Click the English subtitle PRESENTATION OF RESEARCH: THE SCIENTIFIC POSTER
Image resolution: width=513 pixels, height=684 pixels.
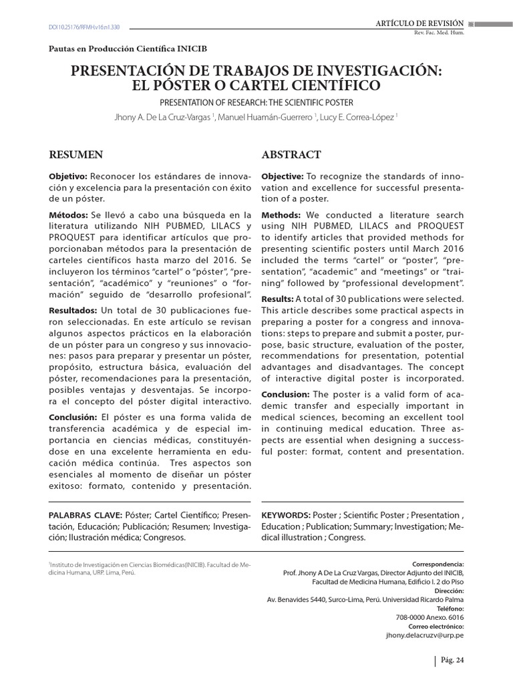coord(256,102)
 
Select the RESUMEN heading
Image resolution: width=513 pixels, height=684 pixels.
coord(76,155)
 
